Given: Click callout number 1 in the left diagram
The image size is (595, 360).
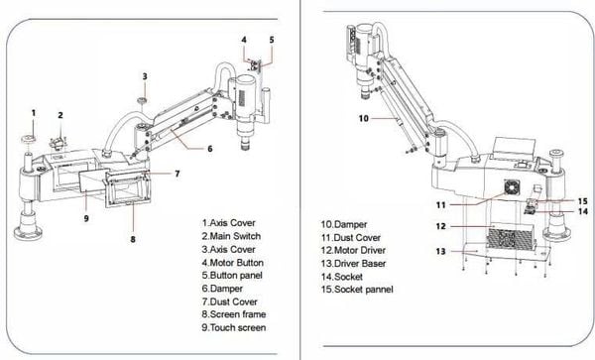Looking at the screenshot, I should tap(34, 112).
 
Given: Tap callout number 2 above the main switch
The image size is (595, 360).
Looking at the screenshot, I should tap(60, 116).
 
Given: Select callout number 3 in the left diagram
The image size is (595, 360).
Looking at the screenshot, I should tap(144, 75).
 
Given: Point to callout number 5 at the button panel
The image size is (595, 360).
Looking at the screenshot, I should tap(272, 40).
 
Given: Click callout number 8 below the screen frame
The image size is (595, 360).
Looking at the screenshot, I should tap(133, 238).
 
